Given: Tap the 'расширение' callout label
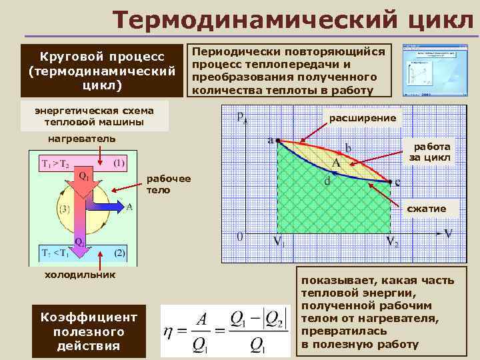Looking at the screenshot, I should tap(363, 118).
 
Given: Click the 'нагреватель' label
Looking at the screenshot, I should tap(82, 138).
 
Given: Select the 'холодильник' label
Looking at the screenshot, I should tap(79, 274).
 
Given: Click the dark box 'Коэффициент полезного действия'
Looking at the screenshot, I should tap(89, 331).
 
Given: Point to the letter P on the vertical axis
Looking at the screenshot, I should tap(240, 118).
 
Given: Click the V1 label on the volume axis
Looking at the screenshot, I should tap(279, 241).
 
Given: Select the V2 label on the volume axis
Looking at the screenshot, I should tap(393, 241).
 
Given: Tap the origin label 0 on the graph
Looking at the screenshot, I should tap(239, 236).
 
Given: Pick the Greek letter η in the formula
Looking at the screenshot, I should tap(171, 331).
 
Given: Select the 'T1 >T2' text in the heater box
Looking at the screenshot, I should tap(59, 163).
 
